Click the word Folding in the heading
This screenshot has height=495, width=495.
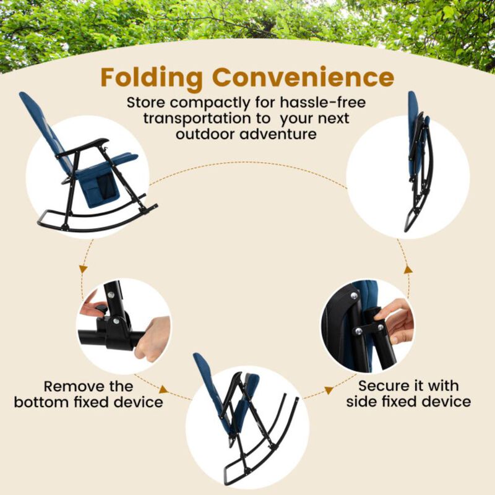point(152,78)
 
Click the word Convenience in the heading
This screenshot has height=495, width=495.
point(303,78)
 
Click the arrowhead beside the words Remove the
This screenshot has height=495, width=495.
point(163,390)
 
